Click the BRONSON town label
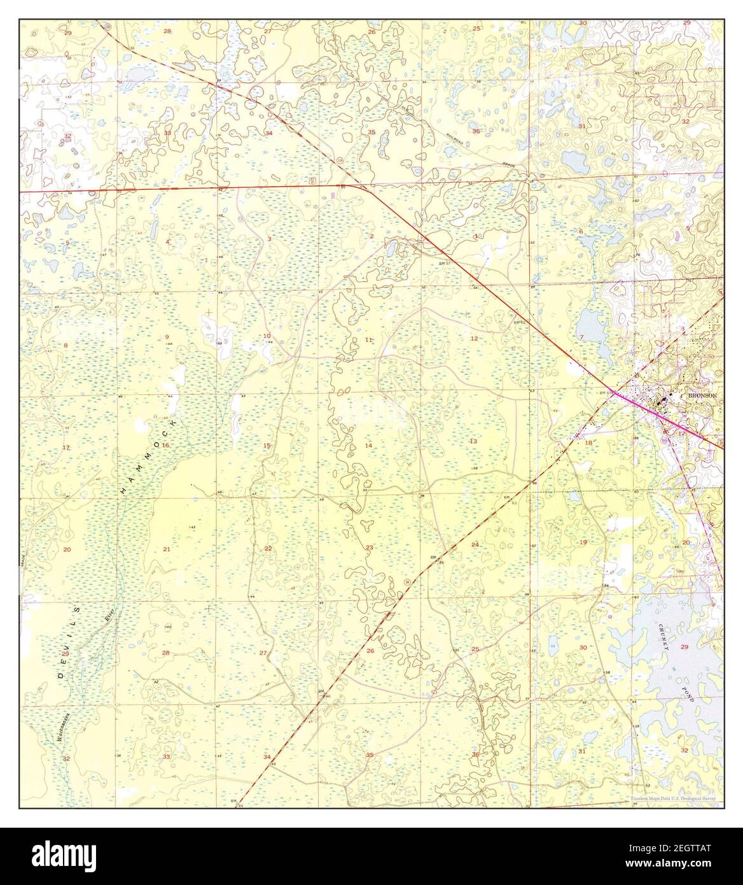702,395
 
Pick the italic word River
107,614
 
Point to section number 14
368,446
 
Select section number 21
167,549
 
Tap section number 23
369,548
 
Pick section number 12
474,338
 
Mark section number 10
267,336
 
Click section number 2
372,236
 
